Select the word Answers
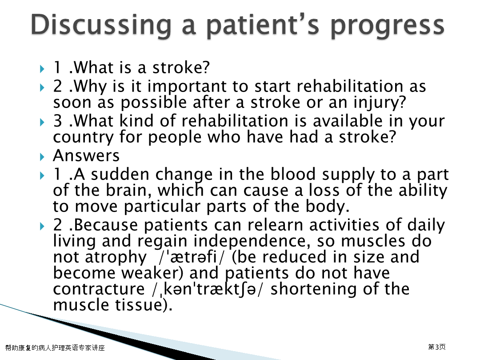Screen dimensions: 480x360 tap(86, 156)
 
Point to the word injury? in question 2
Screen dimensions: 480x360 tap(380, 103)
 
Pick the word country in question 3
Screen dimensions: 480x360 tap(83, 137)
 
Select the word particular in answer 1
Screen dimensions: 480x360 tap(162, 207)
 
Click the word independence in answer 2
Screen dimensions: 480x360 tap(250, 241)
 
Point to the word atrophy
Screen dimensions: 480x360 tap(116, 257)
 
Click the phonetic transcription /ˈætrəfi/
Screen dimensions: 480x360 tap(191, 257)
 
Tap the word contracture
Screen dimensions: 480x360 tap(99, 289)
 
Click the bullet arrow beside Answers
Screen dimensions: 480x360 tap(42, 157)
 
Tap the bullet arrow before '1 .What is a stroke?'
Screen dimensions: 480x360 tap(42, 69)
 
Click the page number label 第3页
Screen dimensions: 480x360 tap(437, 347)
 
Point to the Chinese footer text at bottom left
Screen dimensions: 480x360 tap(55, 348)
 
